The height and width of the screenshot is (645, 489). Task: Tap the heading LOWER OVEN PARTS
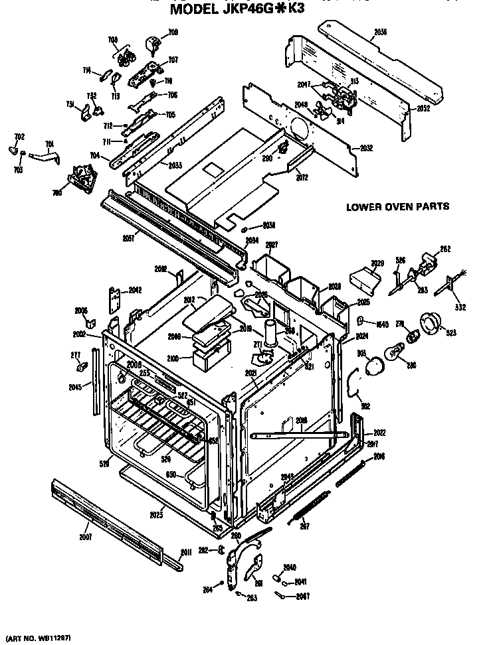(397, 206)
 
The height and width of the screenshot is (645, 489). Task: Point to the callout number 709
(173, 33)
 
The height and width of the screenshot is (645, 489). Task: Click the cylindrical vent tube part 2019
(270, 334)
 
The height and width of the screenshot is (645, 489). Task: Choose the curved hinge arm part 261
(252, 567)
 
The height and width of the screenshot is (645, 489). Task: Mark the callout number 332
(460, 307)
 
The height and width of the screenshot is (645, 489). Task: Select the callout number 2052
(423, 107)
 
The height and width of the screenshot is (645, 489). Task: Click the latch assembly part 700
(81, 179)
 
